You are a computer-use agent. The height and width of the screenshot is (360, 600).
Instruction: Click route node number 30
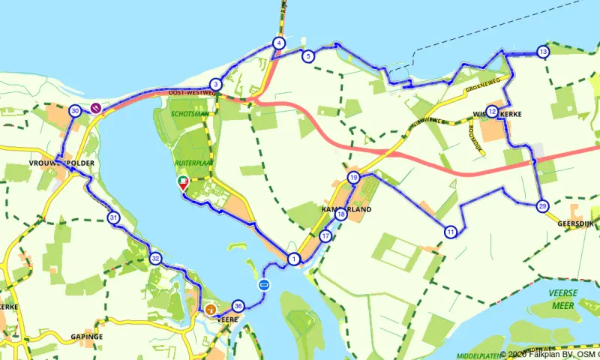point(75,111)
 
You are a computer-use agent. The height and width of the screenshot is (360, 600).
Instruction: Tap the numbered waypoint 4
point(278,43)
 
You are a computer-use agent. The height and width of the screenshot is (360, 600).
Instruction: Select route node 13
point(543,52)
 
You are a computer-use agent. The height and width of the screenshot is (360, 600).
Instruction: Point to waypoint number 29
point(543,206)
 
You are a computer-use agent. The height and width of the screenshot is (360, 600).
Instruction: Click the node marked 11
point(450,231)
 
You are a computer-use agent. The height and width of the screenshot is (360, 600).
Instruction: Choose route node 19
point(353,178)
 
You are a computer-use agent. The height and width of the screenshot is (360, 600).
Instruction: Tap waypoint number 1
point(293,259)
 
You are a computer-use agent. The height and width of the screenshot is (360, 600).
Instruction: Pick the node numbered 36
point(238,306)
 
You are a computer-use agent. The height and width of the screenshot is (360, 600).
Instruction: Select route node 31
point(113,218)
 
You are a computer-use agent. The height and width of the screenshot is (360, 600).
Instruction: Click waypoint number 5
point(307,56)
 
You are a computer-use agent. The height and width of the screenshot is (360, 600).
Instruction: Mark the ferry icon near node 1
point(264,285)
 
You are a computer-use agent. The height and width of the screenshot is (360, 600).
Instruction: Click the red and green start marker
point(182,182)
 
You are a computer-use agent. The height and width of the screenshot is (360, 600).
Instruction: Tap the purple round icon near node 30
point(96,108)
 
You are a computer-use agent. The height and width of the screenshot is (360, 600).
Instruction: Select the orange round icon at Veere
point(210,309)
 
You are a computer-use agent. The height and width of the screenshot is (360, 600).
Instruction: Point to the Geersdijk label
point(576,223)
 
